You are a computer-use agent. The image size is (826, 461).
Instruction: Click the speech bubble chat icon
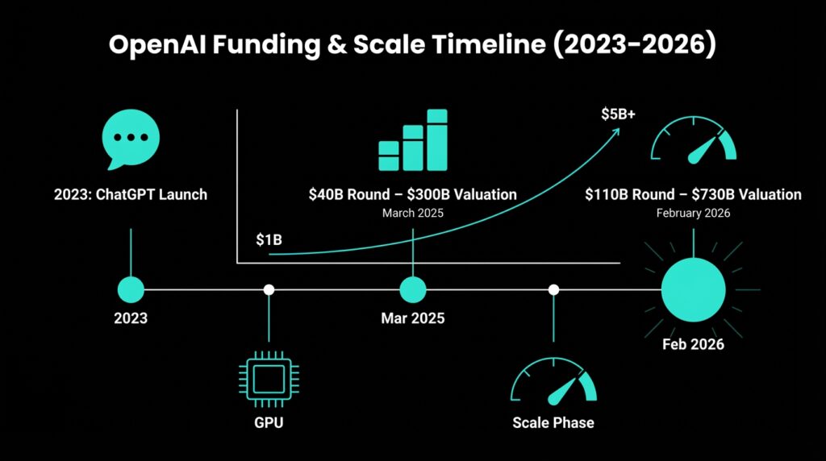(x=131, y=139)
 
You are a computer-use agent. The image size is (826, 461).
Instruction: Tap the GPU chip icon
(x=269, y=379)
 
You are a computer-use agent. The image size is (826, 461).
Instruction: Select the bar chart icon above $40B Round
(x=413, y=140)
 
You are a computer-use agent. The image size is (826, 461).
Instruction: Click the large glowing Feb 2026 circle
(x=693, y=289)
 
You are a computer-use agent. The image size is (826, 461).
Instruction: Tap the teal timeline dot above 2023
(x=131, y=289)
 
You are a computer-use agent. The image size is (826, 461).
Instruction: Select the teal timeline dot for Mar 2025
(x=413, y=289)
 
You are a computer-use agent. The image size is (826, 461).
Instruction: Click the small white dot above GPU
(x=269, y=289)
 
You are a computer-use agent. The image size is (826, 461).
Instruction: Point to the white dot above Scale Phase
(x=553, y=289)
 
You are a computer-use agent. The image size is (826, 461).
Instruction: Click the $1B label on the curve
(x=269, y=240)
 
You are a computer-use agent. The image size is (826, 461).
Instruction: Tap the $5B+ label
(x=619, y=114)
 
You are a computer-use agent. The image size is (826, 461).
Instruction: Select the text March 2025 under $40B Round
(x=413, y=213)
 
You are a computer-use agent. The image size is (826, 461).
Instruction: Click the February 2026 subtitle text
(x=693, y=213)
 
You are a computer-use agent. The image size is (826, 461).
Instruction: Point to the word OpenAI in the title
(x=157, y=44)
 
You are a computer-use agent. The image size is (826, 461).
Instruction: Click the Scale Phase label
(x=553, y=422)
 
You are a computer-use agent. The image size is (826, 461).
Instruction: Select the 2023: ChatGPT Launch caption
(x=131, y=194)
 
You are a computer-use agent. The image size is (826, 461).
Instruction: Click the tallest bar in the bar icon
(x=437, y=140)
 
